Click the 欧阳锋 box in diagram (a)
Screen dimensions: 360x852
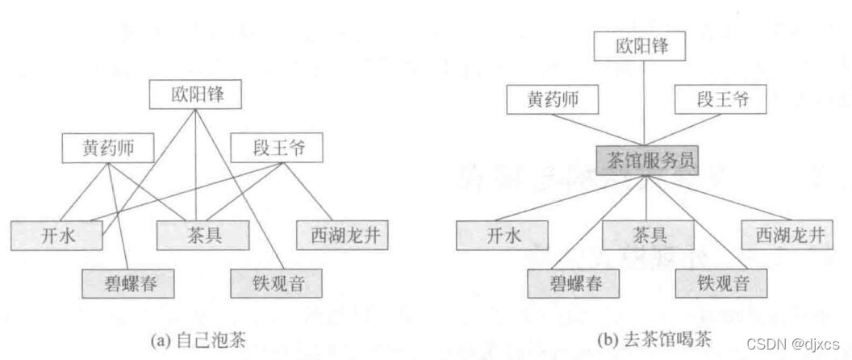point(196,96)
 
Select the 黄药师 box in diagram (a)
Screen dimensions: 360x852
point(108,148)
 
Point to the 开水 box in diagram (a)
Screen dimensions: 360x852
point(57,235)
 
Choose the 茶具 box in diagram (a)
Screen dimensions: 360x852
point(199,235)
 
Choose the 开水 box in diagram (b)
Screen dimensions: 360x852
point(503,235)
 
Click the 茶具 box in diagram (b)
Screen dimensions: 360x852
point(648,235)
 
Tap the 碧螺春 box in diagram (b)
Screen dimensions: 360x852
point(574,283)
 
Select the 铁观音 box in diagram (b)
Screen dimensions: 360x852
point(721,283)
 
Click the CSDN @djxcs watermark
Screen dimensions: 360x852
point(794,342)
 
